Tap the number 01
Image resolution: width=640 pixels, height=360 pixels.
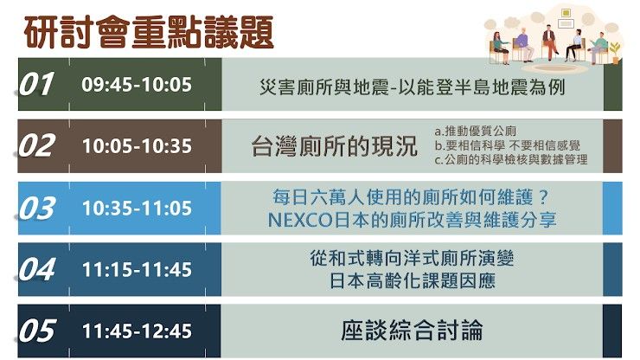coord(36,85)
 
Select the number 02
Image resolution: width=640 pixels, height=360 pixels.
coord(36,146)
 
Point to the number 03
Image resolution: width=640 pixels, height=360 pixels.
coord(36,209)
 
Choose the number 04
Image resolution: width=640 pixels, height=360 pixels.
coord(36,270)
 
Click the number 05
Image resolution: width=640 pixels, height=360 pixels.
coord(36,331)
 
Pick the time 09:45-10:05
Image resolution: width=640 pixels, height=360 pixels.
coord(137,85)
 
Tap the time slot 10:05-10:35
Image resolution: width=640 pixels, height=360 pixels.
coord(137,146)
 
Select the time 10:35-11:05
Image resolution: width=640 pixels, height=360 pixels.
coord(137,209)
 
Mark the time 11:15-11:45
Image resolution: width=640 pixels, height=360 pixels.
coord(137,270)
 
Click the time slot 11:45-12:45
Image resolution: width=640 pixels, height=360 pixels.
coord(137,331)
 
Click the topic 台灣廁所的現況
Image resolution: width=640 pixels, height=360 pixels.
coord(334,146)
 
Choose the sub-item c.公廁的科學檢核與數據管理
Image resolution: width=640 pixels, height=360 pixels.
coord(510,159)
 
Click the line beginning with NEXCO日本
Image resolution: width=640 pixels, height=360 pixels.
coord(411,220)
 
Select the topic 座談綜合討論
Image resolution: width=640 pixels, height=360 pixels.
coord(411,331)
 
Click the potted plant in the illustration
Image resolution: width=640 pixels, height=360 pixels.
coord(614,50)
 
